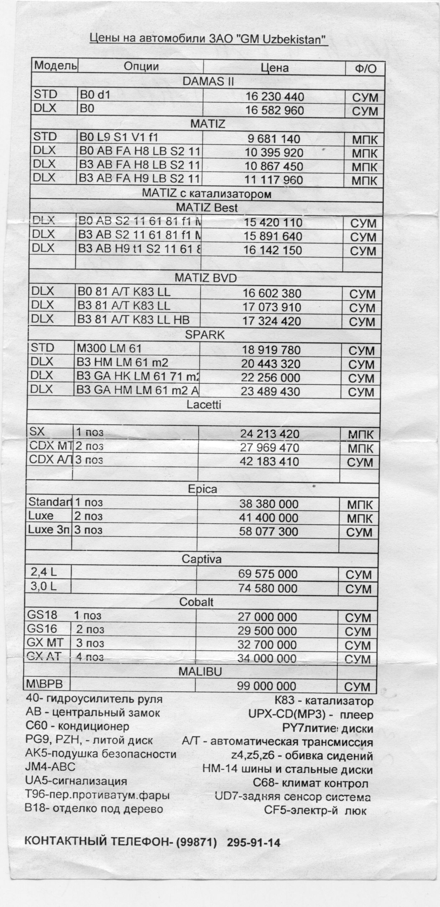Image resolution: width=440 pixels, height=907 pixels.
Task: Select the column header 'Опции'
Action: pyautogui.click(x=141, y=66)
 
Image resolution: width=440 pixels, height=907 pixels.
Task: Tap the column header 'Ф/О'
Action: pyautogui.click(x=365, y=68)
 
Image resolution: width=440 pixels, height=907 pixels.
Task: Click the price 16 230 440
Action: pyautogui.click(x=275, y=97)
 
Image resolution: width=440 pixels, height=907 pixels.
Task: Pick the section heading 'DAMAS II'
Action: pyautogui.click(x=208, y=81)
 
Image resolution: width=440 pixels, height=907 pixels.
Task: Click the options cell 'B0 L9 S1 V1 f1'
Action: pyautogui.click(x=118, y=137)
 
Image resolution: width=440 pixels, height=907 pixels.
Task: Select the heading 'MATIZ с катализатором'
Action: pyautogui.click(x=206, y=194)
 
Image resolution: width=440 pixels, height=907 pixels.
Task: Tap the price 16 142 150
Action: pyautogui.click(x=273, y=250)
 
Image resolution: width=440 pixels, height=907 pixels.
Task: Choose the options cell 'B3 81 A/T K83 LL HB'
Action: pyautogui.click(x=133, y=319)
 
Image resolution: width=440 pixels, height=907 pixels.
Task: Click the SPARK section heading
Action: pyautogui.click(x=205, y=335)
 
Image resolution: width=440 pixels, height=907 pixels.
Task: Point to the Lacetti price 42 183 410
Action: pyautogui.click(x=270, y=462)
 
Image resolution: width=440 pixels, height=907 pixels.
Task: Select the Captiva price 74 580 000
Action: pyautogui.click(x=267, y=588)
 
